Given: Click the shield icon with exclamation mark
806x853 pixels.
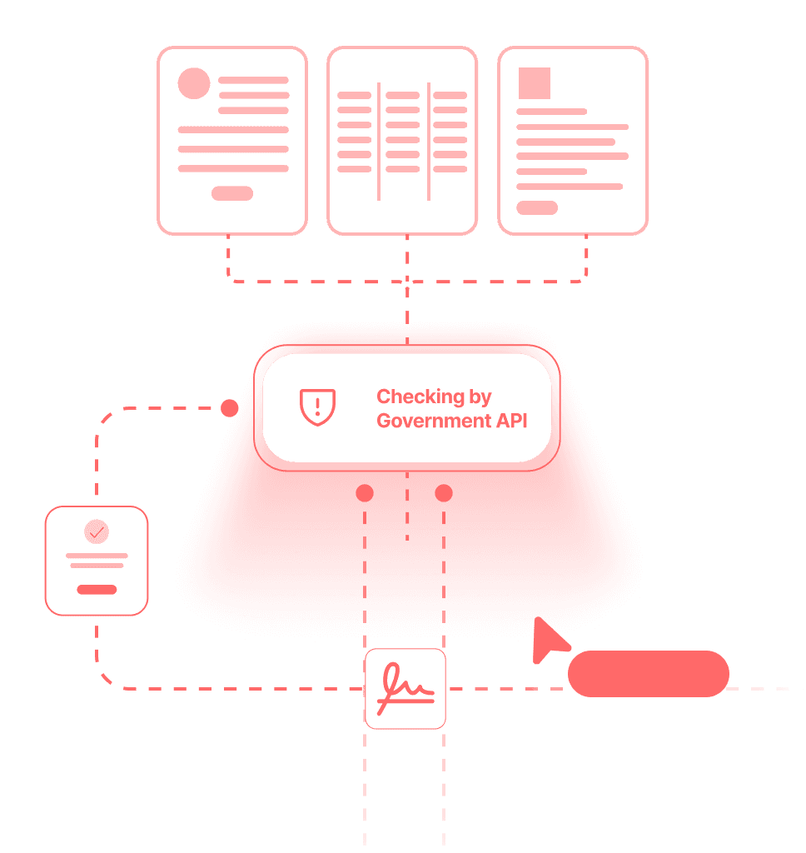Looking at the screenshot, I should click(317, 407).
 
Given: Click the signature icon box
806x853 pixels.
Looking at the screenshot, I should click(405, 689).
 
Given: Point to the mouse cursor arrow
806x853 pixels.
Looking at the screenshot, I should click(546, 639).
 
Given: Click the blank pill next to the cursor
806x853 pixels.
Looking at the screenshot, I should click(648, 674).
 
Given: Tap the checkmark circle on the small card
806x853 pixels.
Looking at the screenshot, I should click(97, 531).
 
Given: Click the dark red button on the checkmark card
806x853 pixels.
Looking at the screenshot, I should click(97, 590).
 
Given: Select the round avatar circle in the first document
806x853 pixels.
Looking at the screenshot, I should click(194, 83).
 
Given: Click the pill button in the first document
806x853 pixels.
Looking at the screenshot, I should click(232, 193).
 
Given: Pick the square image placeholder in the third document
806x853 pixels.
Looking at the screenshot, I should click(535, 83).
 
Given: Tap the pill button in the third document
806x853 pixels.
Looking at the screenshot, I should click(537, 207).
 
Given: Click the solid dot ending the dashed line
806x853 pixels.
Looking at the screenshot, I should click(229, 408).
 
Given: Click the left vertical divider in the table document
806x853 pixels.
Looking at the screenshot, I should click(379, 141).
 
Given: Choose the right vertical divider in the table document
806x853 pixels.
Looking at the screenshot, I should click(429, 141).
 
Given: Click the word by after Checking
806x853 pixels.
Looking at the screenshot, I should click(480, 397).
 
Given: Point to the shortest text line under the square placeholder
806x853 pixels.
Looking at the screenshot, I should click(551, 111).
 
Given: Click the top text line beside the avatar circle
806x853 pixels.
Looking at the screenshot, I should click(253, 80).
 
